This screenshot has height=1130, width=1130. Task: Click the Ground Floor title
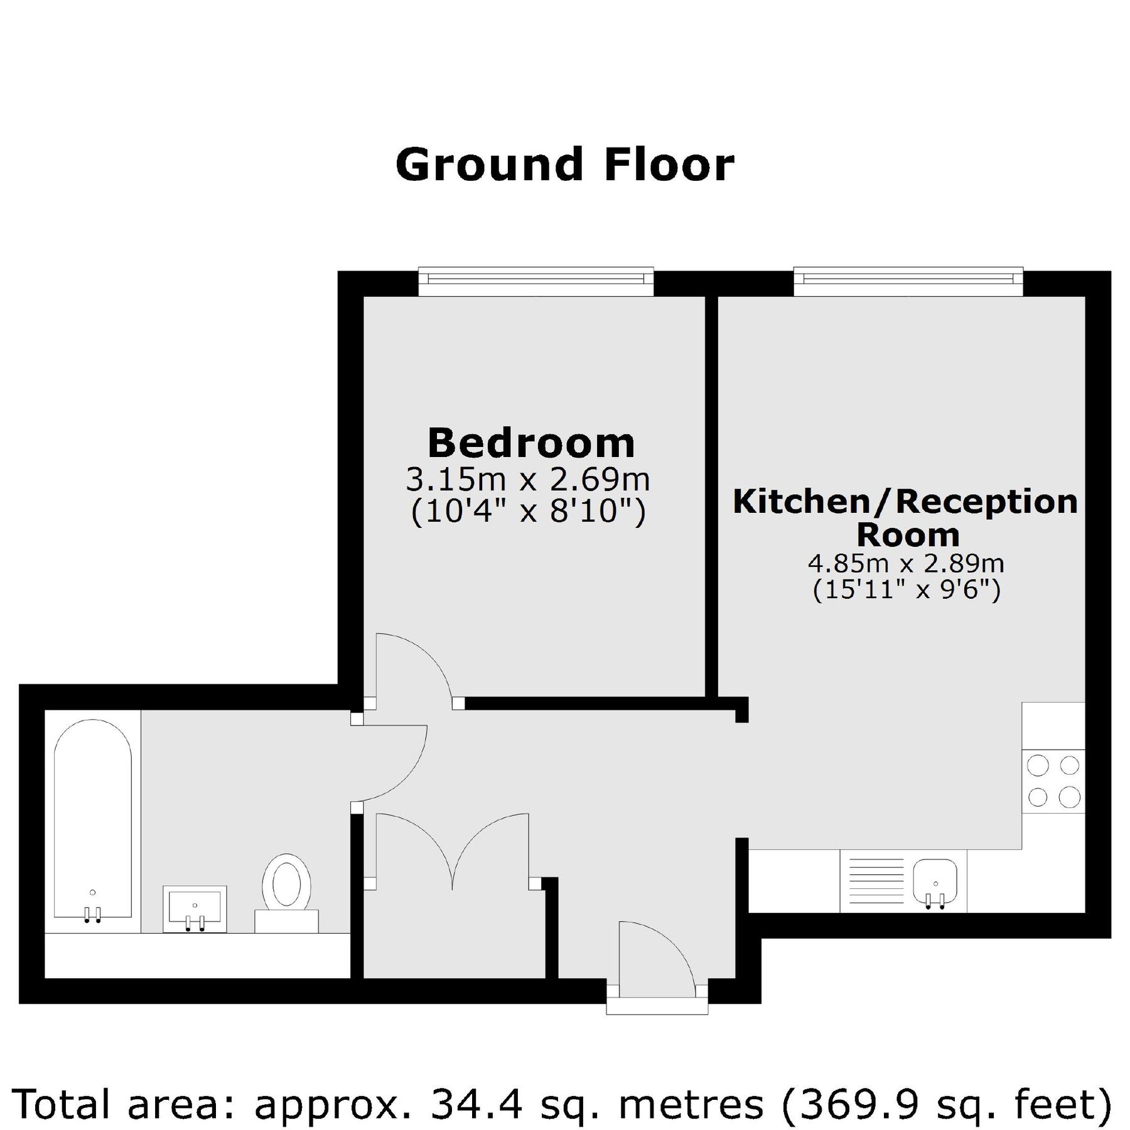(x=564, y=164)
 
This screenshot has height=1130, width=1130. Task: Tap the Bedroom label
(x=531, y=443)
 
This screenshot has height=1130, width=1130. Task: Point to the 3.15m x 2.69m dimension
(x=527, y=480)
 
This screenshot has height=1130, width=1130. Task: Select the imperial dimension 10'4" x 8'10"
(x=527, y=512)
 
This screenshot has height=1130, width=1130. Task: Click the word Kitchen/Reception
(x=905, y=502)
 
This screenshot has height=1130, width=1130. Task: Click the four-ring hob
(x=1053, y=781)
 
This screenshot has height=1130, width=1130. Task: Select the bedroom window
(x=536, y=281)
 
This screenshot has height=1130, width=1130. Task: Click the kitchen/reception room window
(x=908, y=281)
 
